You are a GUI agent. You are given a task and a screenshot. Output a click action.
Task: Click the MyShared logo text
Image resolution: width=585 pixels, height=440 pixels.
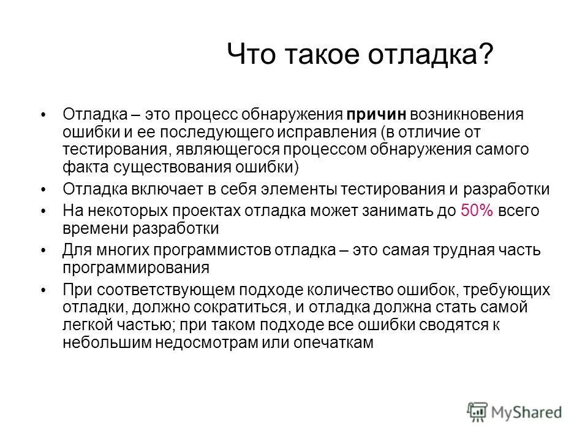[526, 411]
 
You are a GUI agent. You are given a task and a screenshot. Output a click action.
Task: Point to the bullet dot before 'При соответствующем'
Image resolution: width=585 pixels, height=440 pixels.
[43, 291]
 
